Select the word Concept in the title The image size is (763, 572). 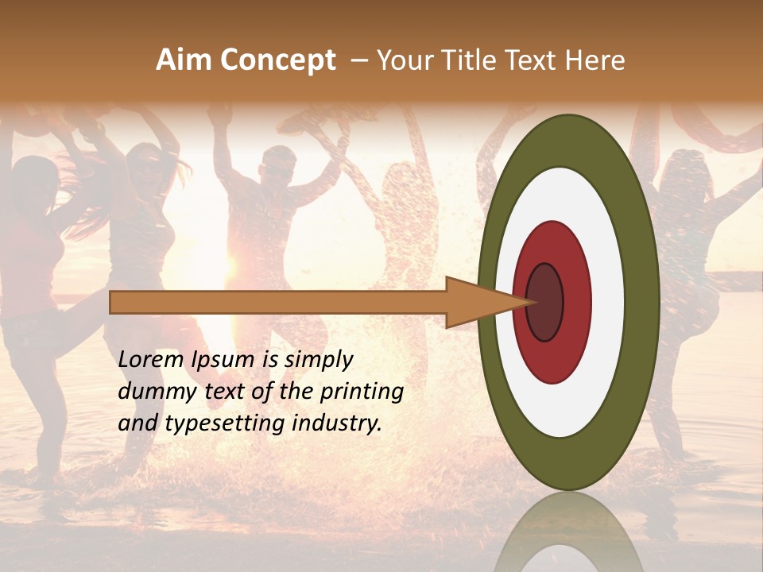point(277,60)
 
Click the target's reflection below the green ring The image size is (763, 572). point(569,532)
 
